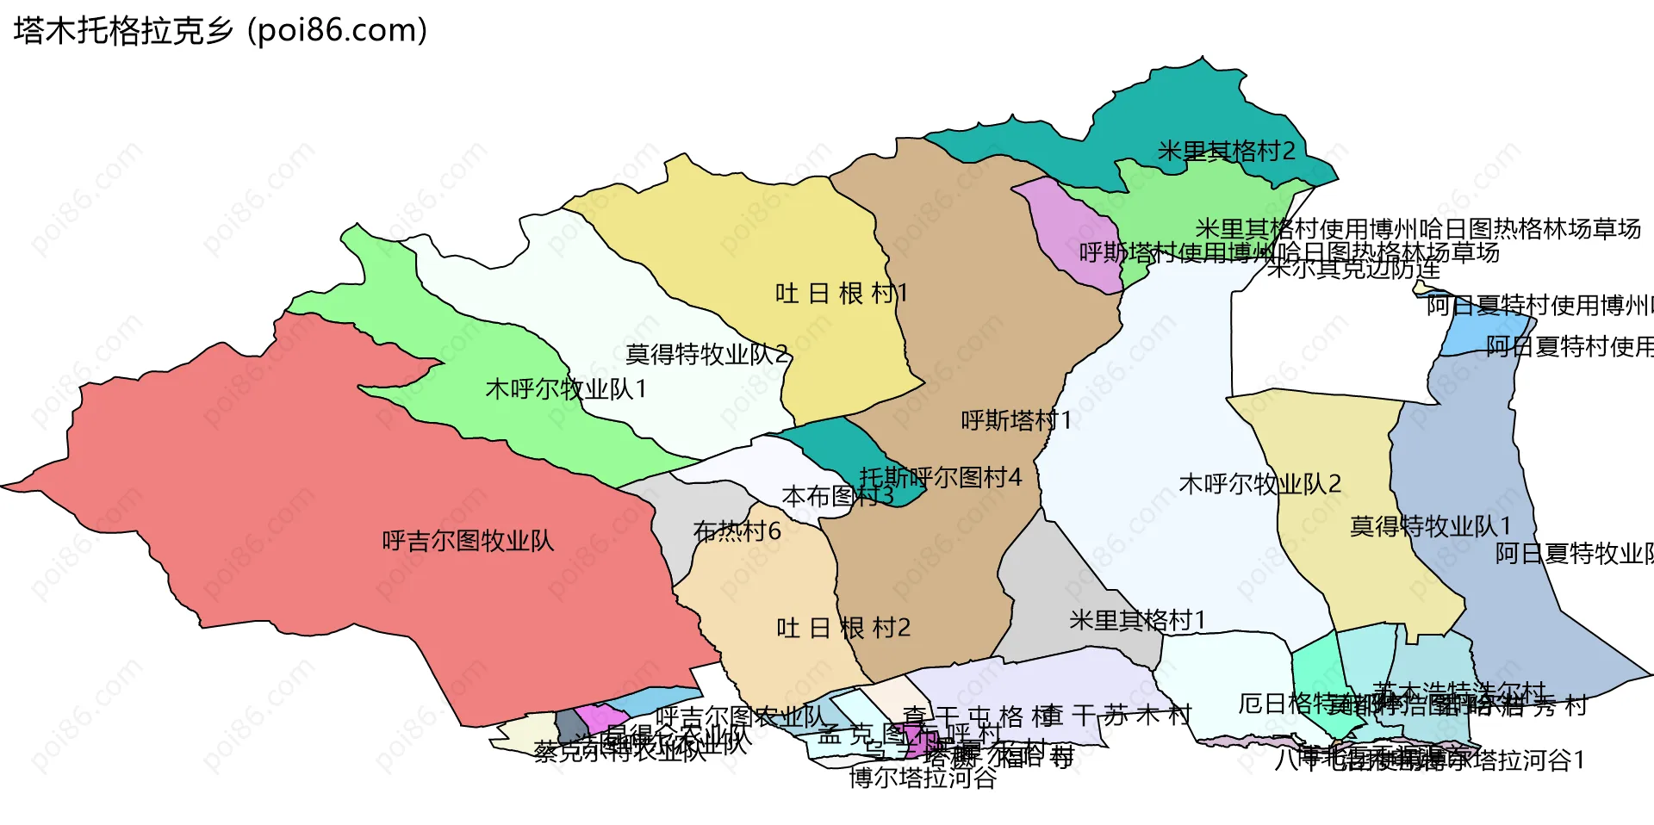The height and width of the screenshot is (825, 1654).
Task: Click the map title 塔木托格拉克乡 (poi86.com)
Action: (x=221, y=31)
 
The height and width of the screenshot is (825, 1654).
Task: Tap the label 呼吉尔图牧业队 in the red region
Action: (x=468, y=541)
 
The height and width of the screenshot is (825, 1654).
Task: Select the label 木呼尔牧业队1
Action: (x=566, y=389)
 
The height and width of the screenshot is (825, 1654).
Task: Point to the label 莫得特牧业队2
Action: (x=706, y=354)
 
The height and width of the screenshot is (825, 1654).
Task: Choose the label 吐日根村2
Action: (x=843, y=628)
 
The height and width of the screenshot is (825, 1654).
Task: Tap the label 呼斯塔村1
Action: (x=1017, y=420)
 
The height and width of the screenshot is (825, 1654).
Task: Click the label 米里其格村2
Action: (x=1226, y=152)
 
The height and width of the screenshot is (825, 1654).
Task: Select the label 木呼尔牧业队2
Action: (x=1259, y=484)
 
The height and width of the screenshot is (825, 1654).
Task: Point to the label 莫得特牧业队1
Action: (x=1430, y=526)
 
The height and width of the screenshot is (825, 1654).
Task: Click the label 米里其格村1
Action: (x=1137, y=620)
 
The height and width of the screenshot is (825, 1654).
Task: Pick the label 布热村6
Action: (x=737, y=531)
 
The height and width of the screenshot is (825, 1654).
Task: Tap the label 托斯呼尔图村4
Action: (x=941, y=477)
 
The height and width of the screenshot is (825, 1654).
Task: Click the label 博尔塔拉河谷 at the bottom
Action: (x=923, y=778)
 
